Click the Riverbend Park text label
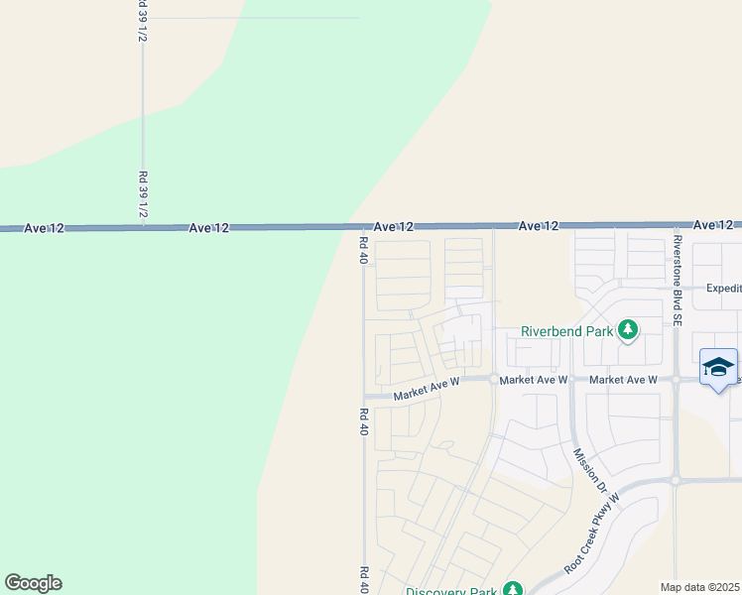coord(566,331)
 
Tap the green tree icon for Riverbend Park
coord(627,329)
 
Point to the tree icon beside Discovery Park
coord(512,589)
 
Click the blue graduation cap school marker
coord(718,367)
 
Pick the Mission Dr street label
coord(589,470)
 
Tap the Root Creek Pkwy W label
coord(592,534)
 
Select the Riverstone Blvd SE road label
coord(677,281)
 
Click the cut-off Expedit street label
coord(723,288)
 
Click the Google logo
coord(33,583)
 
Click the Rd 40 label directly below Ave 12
coord(364,250)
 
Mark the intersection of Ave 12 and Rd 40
coord(363,227)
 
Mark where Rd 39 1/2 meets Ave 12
coord(143,227)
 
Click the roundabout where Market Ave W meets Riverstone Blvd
coord(675,379)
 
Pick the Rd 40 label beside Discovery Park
coord(364,578)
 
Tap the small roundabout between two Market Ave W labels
coord(493,378)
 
